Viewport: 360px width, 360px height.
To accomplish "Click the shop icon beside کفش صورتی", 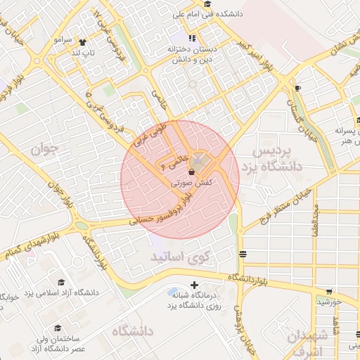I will pos(192,171).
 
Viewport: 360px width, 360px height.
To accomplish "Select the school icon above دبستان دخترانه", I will pos(192,37).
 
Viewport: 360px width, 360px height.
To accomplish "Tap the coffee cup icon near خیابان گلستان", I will pos(297,88).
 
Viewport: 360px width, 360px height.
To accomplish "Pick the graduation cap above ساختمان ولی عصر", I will pos(57,328).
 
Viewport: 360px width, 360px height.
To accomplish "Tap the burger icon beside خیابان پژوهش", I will pos(243,254).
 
